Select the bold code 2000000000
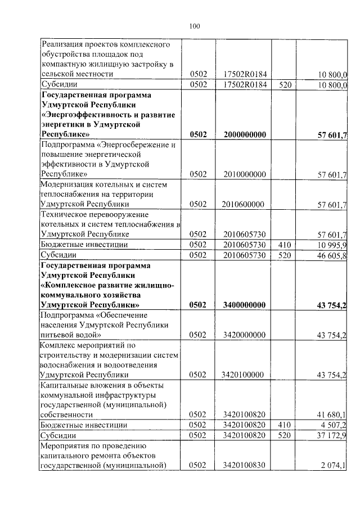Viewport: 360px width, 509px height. tap(244, 134)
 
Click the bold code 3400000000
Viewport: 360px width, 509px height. tap(244, 305)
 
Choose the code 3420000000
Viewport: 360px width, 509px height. tap(244, 335)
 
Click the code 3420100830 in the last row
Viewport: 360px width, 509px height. tap(244, 465)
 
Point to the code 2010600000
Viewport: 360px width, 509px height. tap(244, 204)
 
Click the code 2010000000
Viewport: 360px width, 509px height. tap(244, 175)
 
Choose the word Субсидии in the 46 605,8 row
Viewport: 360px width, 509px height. tap(60, 255)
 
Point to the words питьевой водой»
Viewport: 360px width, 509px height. tap(71, 335)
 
